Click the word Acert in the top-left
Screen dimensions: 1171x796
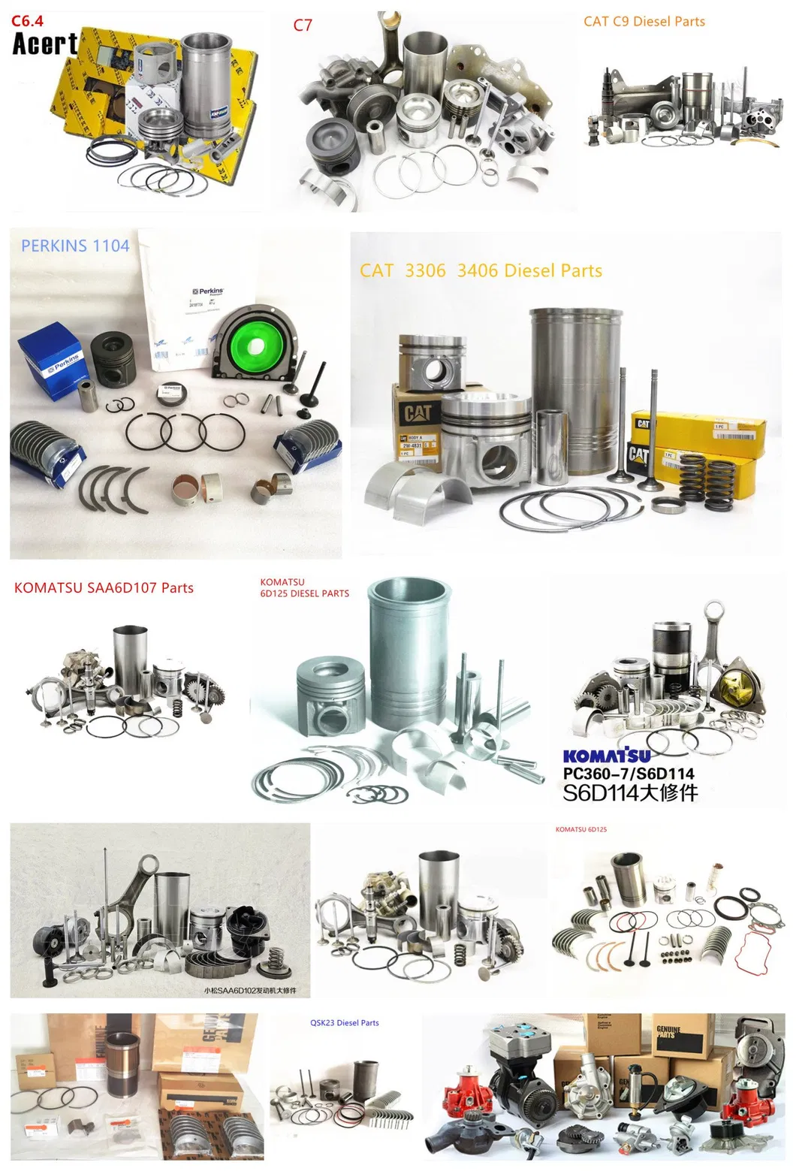click(x=44, y=45)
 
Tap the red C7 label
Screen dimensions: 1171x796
click(x=302, y=26)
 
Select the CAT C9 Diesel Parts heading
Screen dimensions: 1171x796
click(x=644, y=22)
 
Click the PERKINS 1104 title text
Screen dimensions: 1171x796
click(x=75, y=246)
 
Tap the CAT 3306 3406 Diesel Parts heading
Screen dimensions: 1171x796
click(x=481, y=270)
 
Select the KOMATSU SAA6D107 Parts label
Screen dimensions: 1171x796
click(x=104, y=588)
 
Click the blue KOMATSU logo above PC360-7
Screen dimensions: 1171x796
click(x=607, y=755)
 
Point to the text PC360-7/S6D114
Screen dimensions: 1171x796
click(x=629, y=774)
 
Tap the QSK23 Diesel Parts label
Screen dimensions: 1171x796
click(x=344, y=1023)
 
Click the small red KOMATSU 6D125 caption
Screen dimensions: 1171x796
click(x=581, y=829)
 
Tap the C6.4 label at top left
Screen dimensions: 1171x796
click(x=27, y=21)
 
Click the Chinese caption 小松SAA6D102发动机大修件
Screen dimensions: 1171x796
click(x=250, y=990)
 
